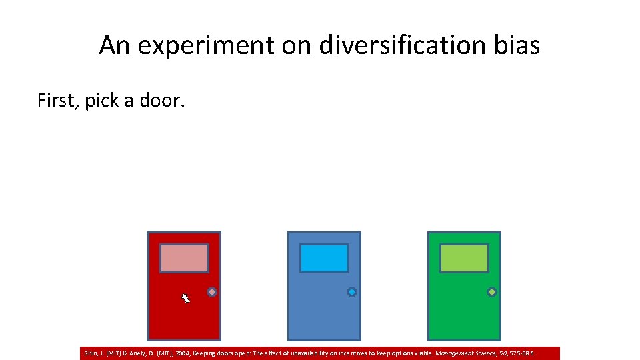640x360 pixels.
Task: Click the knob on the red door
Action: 212,292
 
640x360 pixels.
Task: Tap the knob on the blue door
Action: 352,292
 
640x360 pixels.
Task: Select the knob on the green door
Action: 492,292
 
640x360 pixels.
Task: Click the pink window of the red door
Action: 184,259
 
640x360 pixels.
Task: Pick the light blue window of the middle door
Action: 324,259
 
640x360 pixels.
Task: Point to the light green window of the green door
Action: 464,259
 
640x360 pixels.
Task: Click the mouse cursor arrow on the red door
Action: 186,298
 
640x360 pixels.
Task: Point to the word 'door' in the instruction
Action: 161,101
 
